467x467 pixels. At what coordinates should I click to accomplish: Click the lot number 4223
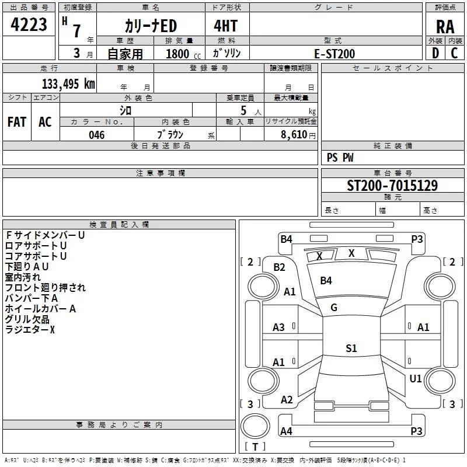(29, 25)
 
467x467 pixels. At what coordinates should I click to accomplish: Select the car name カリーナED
(151, 26)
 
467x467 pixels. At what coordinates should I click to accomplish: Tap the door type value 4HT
(226, 26)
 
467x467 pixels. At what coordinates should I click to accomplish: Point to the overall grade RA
(445, 27)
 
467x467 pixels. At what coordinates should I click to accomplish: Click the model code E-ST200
(334, 54)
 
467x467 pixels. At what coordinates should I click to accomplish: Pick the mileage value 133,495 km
(68, 84)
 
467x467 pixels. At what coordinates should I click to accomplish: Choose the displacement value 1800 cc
(183, 54)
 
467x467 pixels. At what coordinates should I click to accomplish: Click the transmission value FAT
(17, 122)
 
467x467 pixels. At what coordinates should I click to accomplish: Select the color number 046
(97, 135)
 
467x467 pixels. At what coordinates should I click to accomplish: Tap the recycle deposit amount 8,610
(294, 135)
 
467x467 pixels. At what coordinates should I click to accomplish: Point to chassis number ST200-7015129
(392, 185)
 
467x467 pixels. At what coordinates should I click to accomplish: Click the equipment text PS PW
(340, 158)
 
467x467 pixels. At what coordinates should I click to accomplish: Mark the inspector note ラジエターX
(30, 330)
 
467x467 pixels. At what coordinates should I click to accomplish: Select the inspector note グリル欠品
(27, 319)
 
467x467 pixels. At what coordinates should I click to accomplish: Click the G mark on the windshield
(334, 308)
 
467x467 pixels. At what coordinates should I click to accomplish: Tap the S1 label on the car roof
(351, 348)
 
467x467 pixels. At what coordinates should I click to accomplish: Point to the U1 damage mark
(416, 378)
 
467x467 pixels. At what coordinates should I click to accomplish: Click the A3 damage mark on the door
(278, 327)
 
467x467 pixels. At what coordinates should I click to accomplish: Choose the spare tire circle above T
(255, 426)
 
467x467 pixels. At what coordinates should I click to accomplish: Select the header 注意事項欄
(161, 173)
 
